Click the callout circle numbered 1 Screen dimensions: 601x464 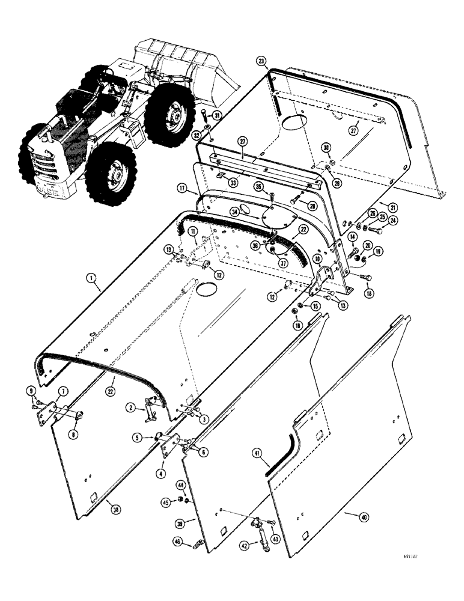[x=91, y=278]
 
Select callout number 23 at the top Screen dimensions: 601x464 [x=261, y=61]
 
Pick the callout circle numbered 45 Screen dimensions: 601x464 [x=165, y=503]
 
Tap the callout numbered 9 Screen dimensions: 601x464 [x=32, y=392]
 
